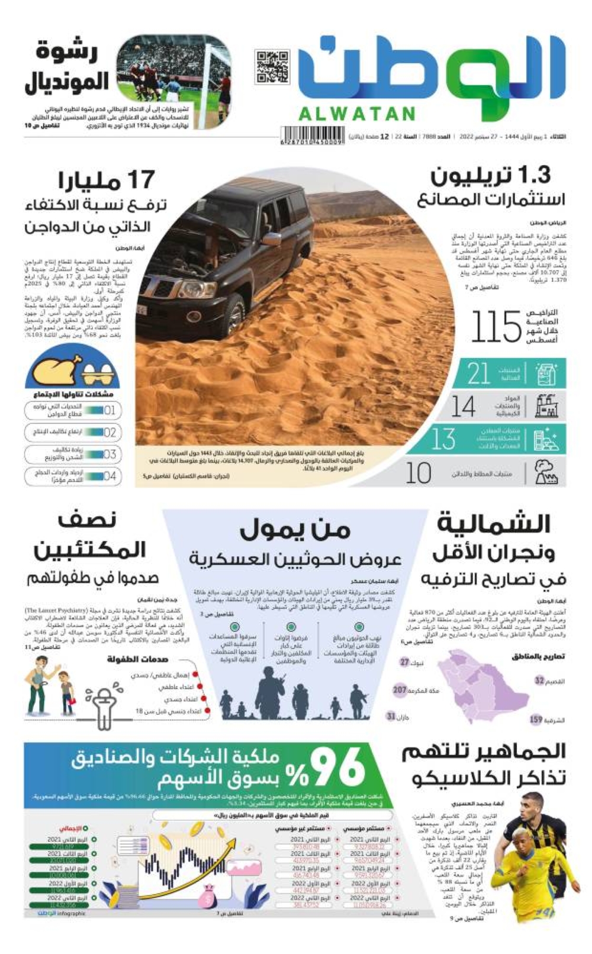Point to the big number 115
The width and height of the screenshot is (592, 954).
496,327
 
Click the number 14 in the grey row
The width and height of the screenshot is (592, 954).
463,407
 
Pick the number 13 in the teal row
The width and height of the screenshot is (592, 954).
443,439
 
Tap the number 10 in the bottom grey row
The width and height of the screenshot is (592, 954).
419,473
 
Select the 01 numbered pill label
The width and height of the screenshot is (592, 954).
110,410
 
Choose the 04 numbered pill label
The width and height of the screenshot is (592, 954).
110,476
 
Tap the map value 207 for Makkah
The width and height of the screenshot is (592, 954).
400,689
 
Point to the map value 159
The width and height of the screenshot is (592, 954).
536,720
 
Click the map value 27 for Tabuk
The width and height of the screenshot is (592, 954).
405,662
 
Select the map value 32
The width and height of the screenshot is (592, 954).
539,681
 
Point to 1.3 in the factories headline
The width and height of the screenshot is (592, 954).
533,175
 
